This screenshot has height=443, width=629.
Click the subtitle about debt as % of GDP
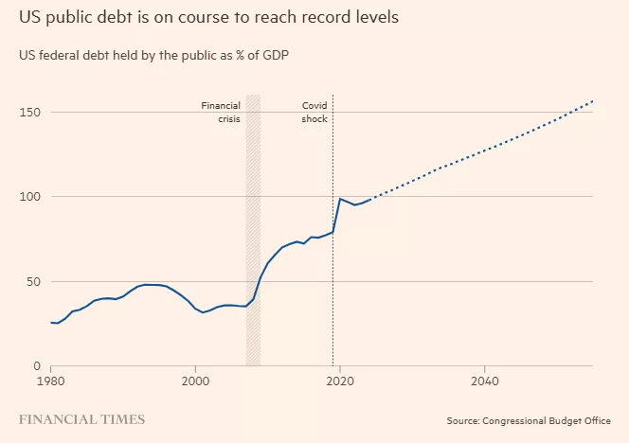click(x=153, y=55)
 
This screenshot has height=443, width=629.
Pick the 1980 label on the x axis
click(x=51, y=381)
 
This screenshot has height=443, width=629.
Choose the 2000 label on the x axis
click(x=195, y=381)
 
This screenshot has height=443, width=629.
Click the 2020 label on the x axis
click(x=340, y=381)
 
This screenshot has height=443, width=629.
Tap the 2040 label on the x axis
click(x=484, y=381)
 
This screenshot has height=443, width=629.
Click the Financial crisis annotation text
click(x=221, y=113)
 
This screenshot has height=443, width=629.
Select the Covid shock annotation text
click(x=314, y=113)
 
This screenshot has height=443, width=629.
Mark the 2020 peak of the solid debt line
click(x=340, y=199)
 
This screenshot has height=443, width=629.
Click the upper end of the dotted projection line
click(x=593, y=100)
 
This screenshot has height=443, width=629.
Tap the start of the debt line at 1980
click(x=51, y=323)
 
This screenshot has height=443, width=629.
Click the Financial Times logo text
click(x=82, y=418)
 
